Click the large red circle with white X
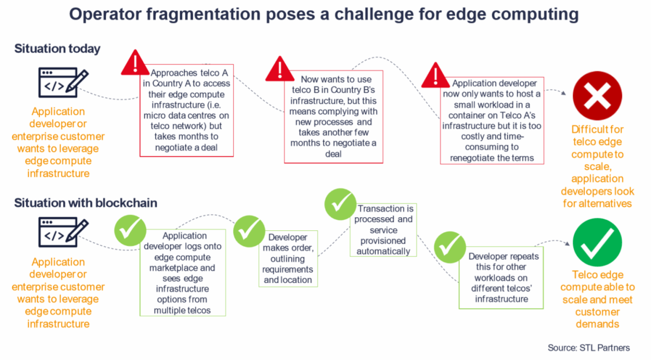tap(597, 95)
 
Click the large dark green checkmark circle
tap(597, 242)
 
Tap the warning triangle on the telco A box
tap(135, 63)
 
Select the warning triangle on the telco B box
tap(280, 69)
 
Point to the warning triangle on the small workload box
tap(436, 75)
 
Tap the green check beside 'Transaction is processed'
tap(340, 204)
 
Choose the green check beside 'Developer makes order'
tap(249, 231)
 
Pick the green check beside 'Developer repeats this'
tap(450, 247)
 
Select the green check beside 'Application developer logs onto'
tap(130, 230)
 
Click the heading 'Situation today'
tap(57, 48)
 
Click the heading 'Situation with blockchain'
tap(86, 203)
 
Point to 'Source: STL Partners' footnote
tap(589, 348)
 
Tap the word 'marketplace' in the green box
tap(174, 268)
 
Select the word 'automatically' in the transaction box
tap(384, 251)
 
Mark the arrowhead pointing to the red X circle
tap(564, 93)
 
